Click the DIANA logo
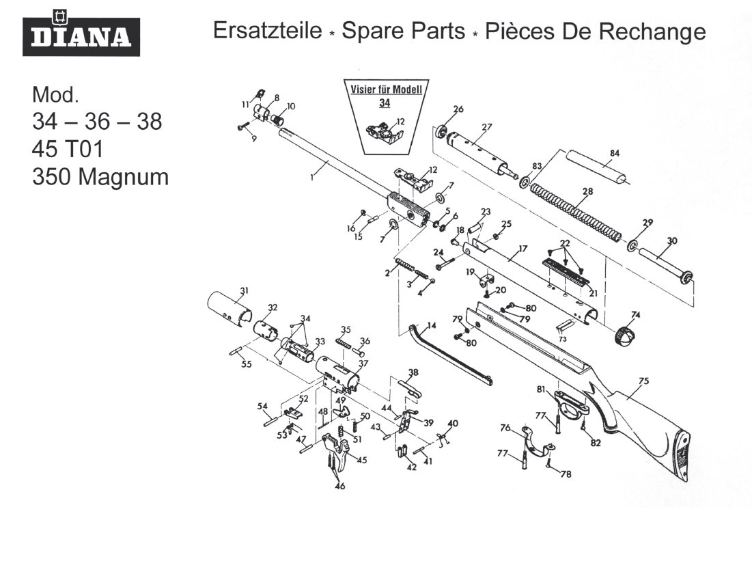coord(81,33)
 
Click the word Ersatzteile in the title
coord(266,31)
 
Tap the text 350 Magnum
coord(100,177)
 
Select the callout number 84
coord(615,153)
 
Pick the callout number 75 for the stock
coord(643,381)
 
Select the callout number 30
coord(672,240)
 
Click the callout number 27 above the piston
coord(487,126)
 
